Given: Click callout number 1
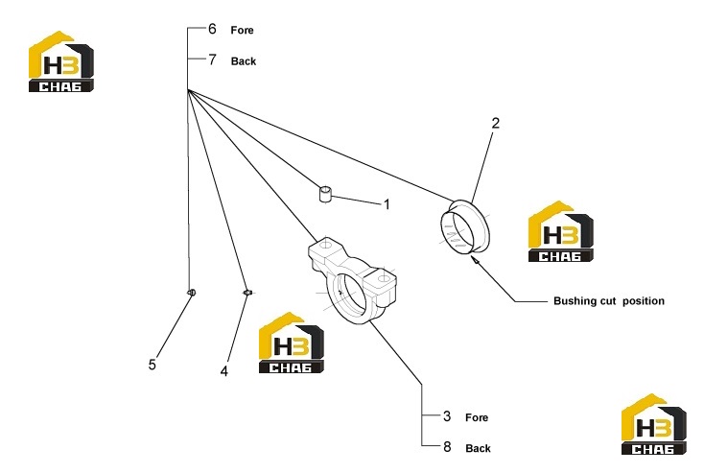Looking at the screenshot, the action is pos(387,204).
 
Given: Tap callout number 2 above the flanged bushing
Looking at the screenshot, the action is pos(496,123).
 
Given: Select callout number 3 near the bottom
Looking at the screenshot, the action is pos(447,416).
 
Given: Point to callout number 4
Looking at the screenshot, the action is pos(224,371).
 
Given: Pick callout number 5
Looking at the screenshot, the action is pos(153,365).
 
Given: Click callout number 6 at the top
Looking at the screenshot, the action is pos(212,29).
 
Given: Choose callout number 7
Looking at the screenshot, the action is pos(212,59).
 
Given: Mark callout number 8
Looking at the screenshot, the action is pos(447,446).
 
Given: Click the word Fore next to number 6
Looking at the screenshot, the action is pos(242,30).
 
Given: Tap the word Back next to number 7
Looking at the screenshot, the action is pos(244,61).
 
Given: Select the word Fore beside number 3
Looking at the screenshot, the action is pos(477,417).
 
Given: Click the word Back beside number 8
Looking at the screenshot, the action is pos(479,448).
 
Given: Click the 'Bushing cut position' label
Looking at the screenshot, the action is pos(609,301).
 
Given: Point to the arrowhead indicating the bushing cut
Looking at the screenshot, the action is pos(474,260).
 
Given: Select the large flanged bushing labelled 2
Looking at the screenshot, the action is pos(465,225).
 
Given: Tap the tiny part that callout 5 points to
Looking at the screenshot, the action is pos(191,293).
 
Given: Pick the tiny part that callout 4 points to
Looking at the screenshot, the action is pos(247,293).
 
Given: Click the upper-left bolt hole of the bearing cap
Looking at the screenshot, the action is pos(326,245).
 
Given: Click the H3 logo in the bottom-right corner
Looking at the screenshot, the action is pos(654,424).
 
